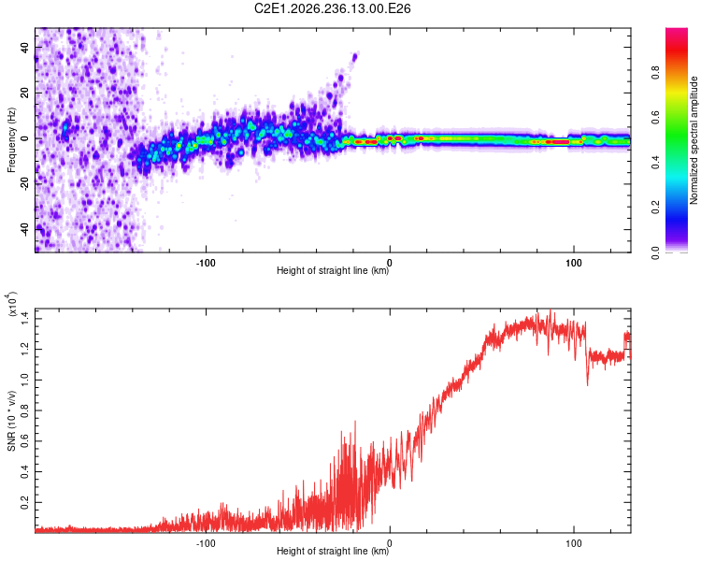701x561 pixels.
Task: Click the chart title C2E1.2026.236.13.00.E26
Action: (x=332, y=8)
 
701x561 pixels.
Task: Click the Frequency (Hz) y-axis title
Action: (x=11, y=140)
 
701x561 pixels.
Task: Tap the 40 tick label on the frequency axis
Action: (x=24, y=47)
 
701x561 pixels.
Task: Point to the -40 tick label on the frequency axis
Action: (x=24, y=230)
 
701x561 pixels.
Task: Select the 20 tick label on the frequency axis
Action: (x=24, y=93)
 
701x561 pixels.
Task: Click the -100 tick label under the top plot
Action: (x=206, y=263)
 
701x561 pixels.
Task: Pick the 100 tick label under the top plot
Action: (x=574, y=263)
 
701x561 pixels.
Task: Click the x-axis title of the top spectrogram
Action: (x=333, y=270)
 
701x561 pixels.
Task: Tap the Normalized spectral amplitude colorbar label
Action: (x=694, y=140)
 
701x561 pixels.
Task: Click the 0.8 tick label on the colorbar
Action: (x=655, y=72)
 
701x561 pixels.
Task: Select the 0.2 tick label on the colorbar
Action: (x=655, y=208)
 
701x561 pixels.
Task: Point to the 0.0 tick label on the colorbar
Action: (x=655, y=253)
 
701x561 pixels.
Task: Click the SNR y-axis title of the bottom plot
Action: (x=11, y=421)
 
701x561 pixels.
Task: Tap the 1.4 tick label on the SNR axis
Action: (x=24, y=319)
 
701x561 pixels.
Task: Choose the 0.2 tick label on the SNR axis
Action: (x=24, y=502)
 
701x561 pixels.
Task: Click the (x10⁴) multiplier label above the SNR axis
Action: (x=12, y=304)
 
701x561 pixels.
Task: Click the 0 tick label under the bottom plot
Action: (x=390, y=543)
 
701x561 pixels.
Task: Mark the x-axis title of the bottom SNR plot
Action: (x=333, y=551)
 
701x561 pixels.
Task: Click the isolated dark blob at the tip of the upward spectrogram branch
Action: (x=355, y=57)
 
